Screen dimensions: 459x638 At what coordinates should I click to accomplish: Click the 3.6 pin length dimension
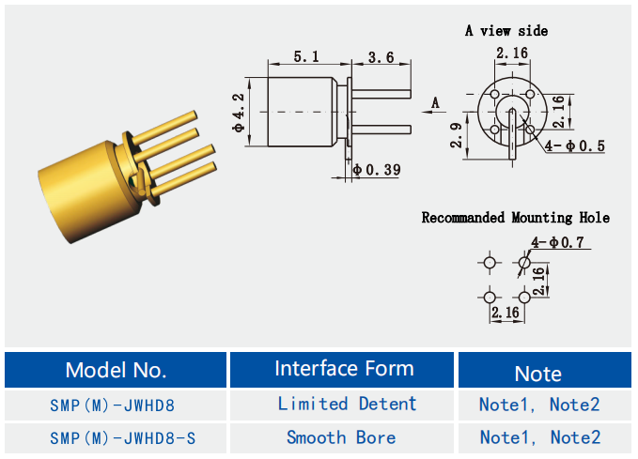click(381, 57)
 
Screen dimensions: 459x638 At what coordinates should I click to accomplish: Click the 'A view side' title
click(506, 30)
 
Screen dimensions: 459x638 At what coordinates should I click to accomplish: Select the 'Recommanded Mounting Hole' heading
click(515, 218)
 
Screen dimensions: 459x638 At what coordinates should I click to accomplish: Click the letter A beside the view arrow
click(435, 101)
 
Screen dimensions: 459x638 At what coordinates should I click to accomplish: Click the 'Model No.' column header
click(116, 369)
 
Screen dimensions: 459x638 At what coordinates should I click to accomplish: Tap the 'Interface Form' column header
click(344, 368)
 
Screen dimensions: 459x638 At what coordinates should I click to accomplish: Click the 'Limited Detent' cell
click(347, 404)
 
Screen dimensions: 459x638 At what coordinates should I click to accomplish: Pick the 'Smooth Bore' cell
click(341, 437)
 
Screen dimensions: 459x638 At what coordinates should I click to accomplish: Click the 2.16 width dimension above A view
click(512, 54)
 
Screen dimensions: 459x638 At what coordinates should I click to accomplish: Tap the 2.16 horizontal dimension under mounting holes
click(506, 312)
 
